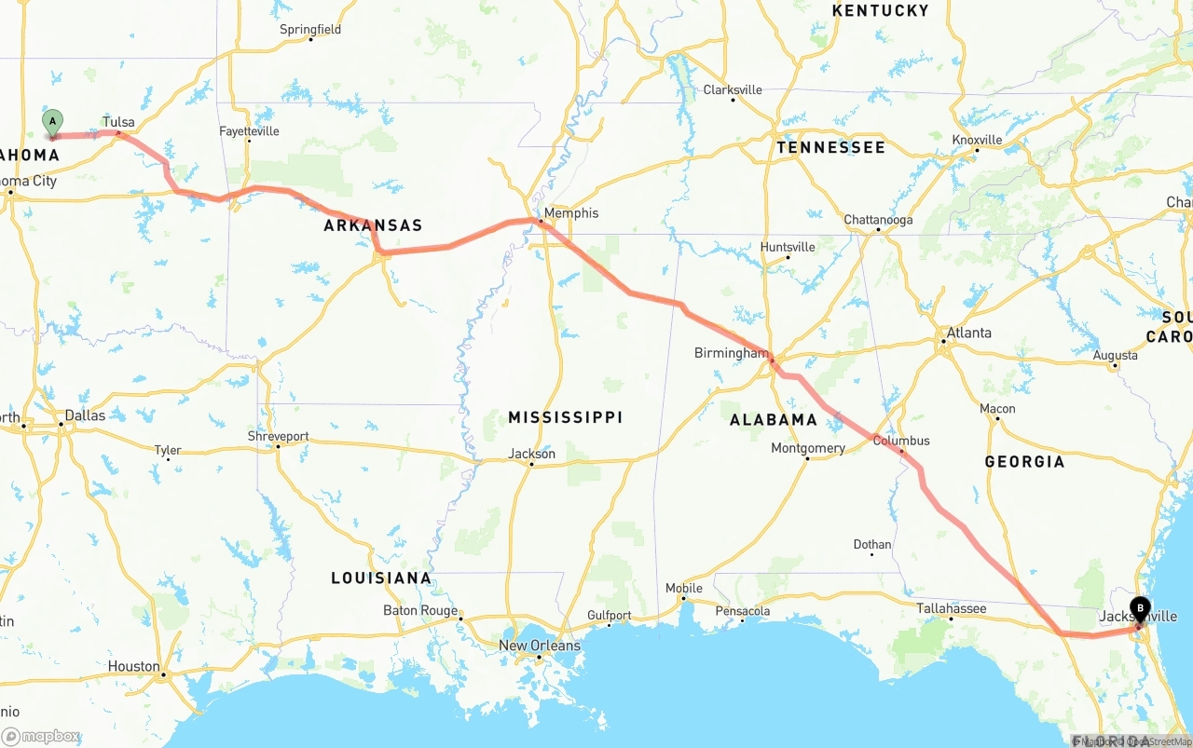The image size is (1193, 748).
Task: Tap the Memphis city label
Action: (571, 212)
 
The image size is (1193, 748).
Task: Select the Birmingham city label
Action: (731, 353)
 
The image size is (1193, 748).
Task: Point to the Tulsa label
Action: (118, 122)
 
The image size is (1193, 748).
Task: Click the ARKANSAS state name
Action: (373, 225)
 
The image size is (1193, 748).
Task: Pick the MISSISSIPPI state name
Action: (565, 417)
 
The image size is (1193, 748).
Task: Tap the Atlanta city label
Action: (968, 333)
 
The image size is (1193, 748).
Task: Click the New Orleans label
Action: (539, 646)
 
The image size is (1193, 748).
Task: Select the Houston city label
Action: (133, 666)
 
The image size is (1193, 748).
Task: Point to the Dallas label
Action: (85, 415)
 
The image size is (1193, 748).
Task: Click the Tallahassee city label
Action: (951, 608)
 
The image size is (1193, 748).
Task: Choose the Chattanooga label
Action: (878, 220)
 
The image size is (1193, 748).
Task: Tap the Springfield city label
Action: (310, 29)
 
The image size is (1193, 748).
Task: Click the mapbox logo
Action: (42, 736)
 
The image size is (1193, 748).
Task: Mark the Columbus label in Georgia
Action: (900, 441)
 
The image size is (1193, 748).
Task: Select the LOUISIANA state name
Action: (381, 578)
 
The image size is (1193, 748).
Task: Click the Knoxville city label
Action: (977, 140)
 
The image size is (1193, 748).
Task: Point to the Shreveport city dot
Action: (278, 446)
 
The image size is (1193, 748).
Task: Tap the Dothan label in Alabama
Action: (871, 544)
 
